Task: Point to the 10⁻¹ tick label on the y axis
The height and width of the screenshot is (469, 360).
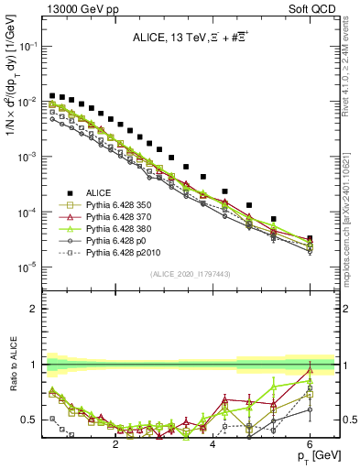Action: click(x=28, y=45)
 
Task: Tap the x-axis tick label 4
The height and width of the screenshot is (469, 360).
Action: click(x=213, y=444)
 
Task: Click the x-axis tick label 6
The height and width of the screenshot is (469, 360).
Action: click(x=310, y=444)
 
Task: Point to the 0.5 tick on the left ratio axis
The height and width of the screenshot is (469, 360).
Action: click(x=30, y=420)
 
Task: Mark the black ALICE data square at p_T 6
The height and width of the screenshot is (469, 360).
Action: click(x=310, y=239)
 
